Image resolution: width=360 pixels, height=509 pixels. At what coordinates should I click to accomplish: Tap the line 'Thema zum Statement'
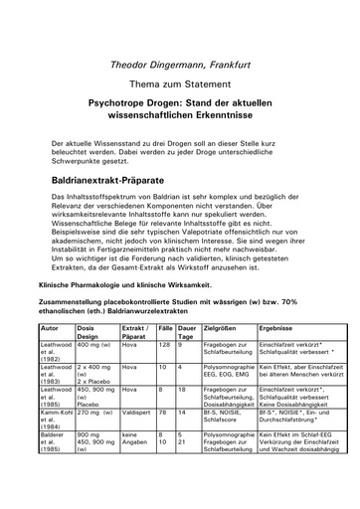pos(179,83)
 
